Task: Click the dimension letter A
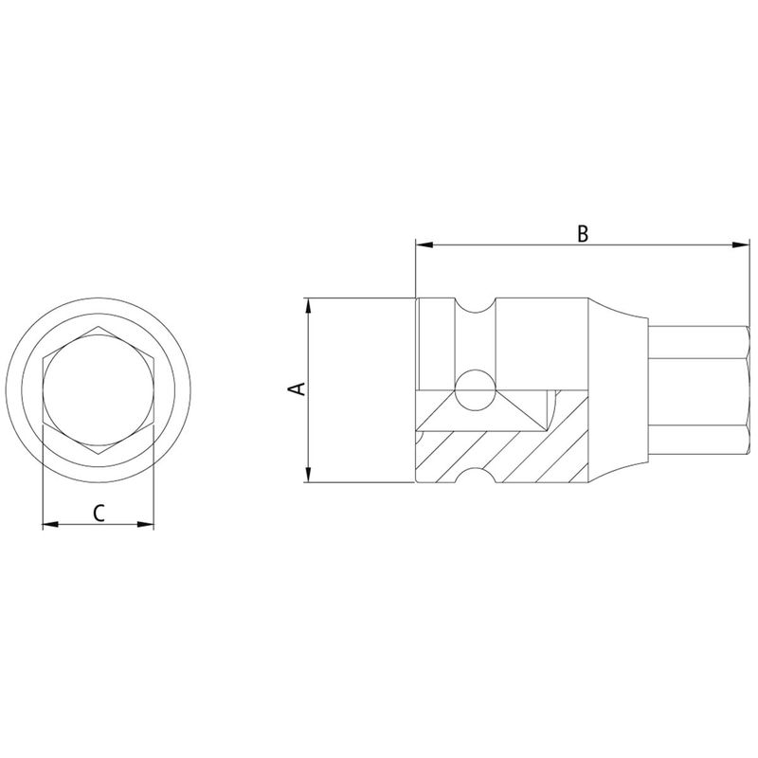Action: pyautogui.click(x=296, y=389)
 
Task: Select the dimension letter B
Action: pyautogui.click(x=584, y=233)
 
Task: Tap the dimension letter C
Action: pyautogui.click(x=99, y=513)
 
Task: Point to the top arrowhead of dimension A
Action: pyautogui.click(x=307, y=305)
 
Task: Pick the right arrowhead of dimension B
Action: pyautogui.click(x=744, y=245)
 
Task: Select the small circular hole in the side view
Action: pyautogui.click(x=473, y=389)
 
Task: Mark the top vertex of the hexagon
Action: pyautogui.click(x=99, y=328)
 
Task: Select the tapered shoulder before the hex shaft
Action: pyautogui.click(x=621, y=391)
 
